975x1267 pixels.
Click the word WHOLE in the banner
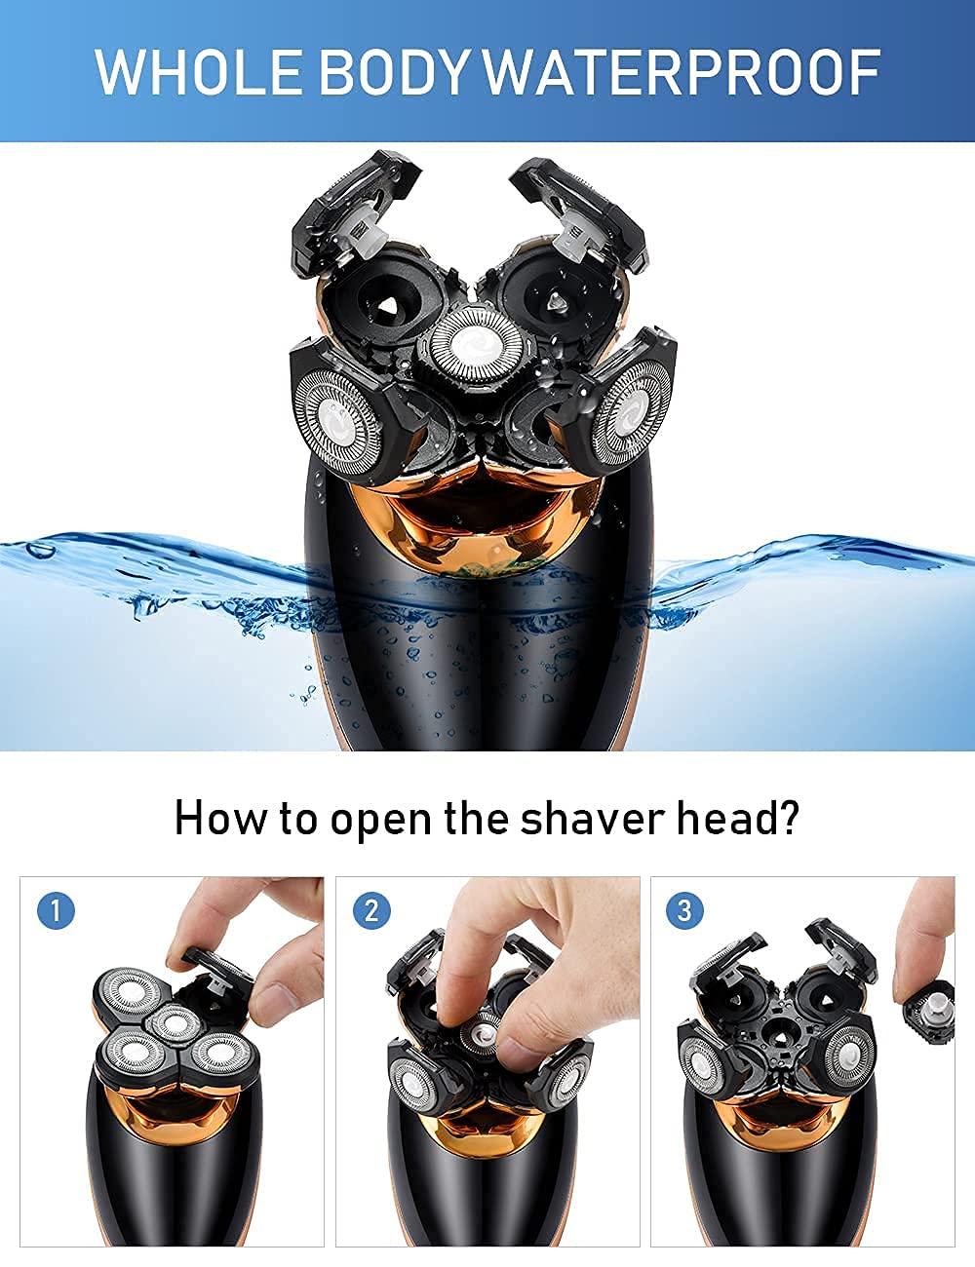[x=200, y=72]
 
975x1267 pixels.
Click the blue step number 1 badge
[x=56, y=911]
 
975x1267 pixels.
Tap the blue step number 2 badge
[x=370, y=911]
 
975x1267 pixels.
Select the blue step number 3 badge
[x=684, y=911]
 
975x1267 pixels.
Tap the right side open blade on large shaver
[x=631, y=413]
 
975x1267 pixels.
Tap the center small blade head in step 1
[x=173, y=1021]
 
